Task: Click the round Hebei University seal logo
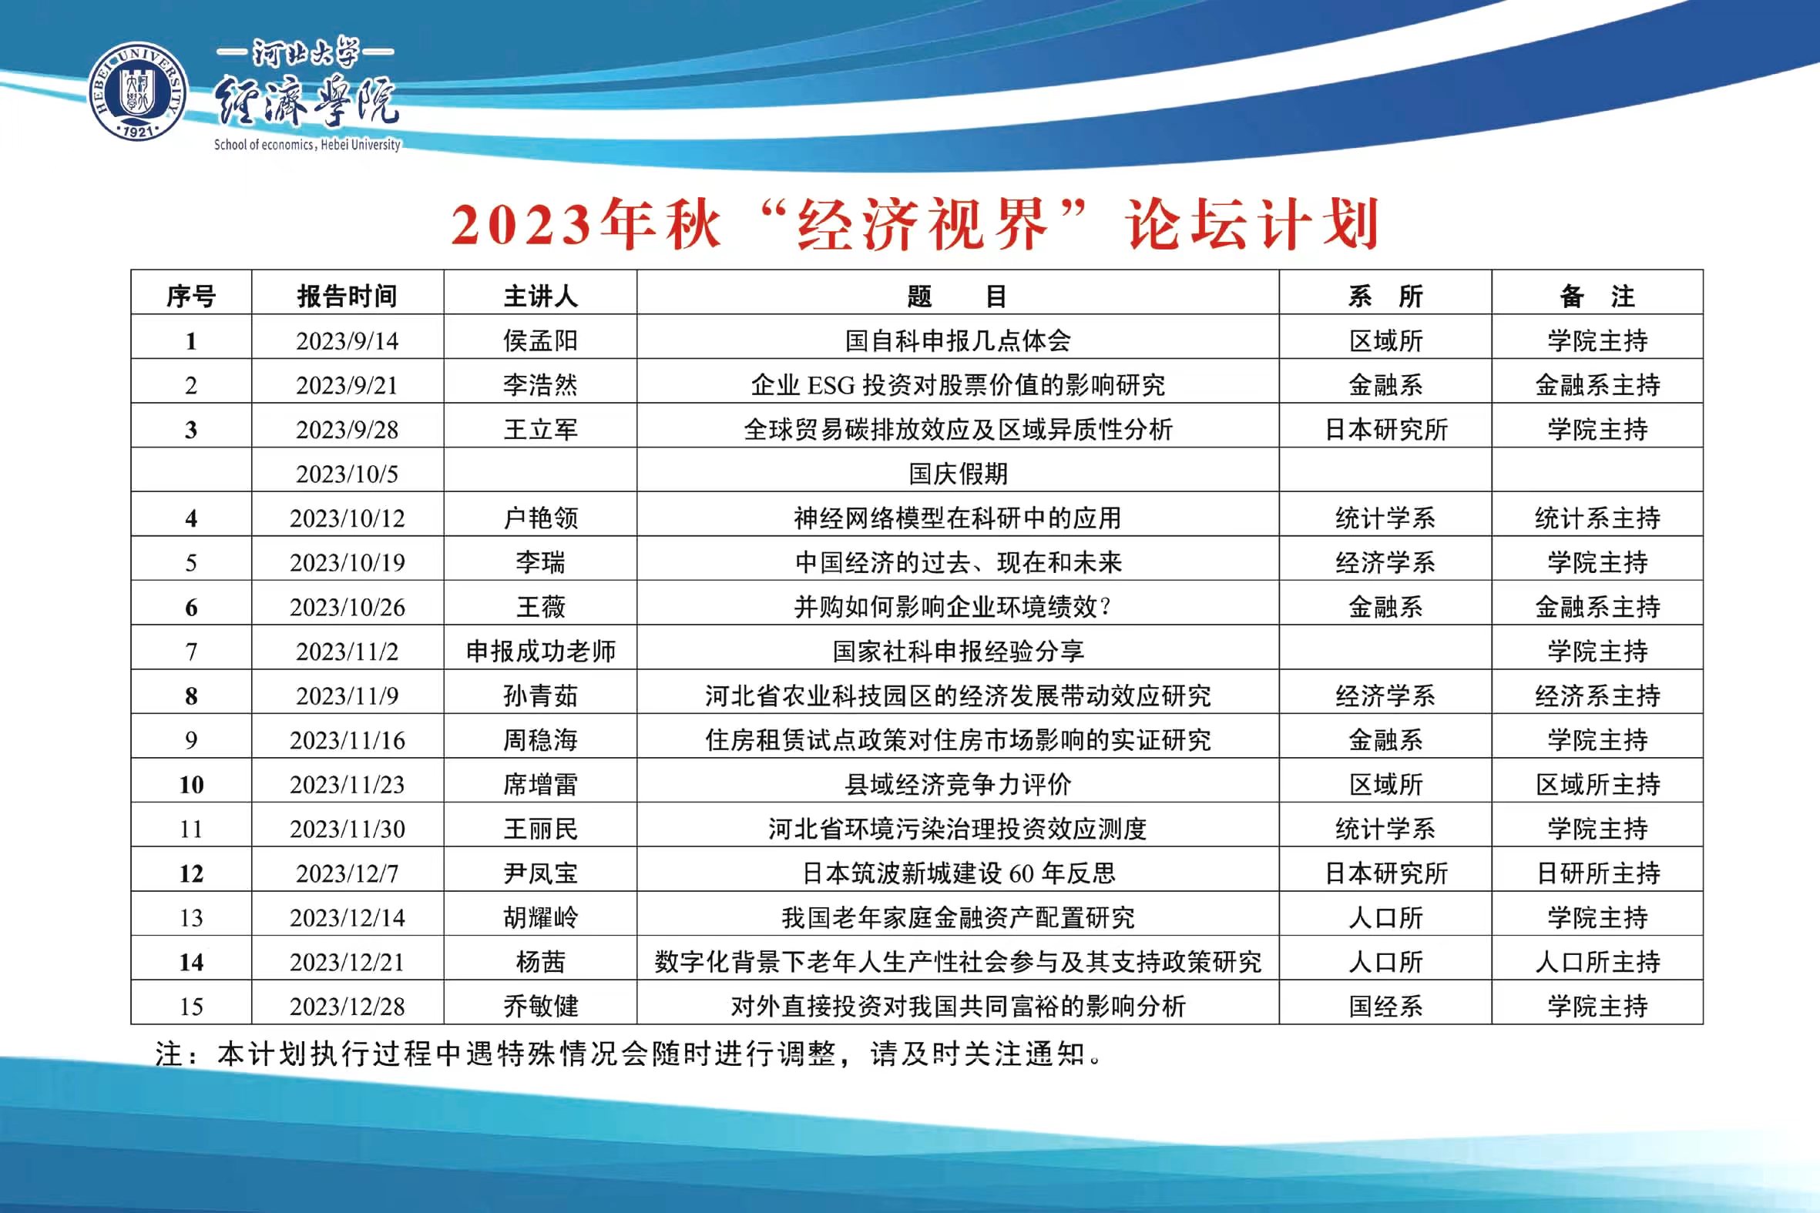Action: pos(139,92)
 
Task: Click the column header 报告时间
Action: pos(347,297)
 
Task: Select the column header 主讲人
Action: pos(540,297)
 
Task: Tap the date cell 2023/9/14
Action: pos(347,341)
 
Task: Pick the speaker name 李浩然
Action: pos(540,385)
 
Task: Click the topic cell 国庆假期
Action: pos(958,474)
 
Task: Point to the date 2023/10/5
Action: pos(347,474)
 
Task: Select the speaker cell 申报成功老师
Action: pos(540,652)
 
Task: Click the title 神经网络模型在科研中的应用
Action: pos(958,518)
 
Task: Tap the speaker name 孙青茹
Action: pos(540,696)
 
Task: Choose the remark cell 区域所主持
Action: pos(1598,785)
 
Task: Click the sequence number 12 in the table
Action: pos(191,874)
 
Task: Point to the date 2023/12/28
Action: pos(347,1007)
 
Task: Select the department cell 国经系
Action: pos(1385,1007)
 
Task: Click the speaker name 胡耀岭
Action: pos(540,917)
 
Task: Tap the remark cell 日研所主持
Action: pos(1598,873)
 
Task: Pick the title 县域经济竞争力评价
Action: pos(958,785)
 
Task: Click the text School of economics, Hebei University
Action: pos(307,145)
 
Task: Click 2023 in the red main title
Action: pos(521,225)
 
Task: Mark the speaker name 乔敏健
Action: pos(540,1007)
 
